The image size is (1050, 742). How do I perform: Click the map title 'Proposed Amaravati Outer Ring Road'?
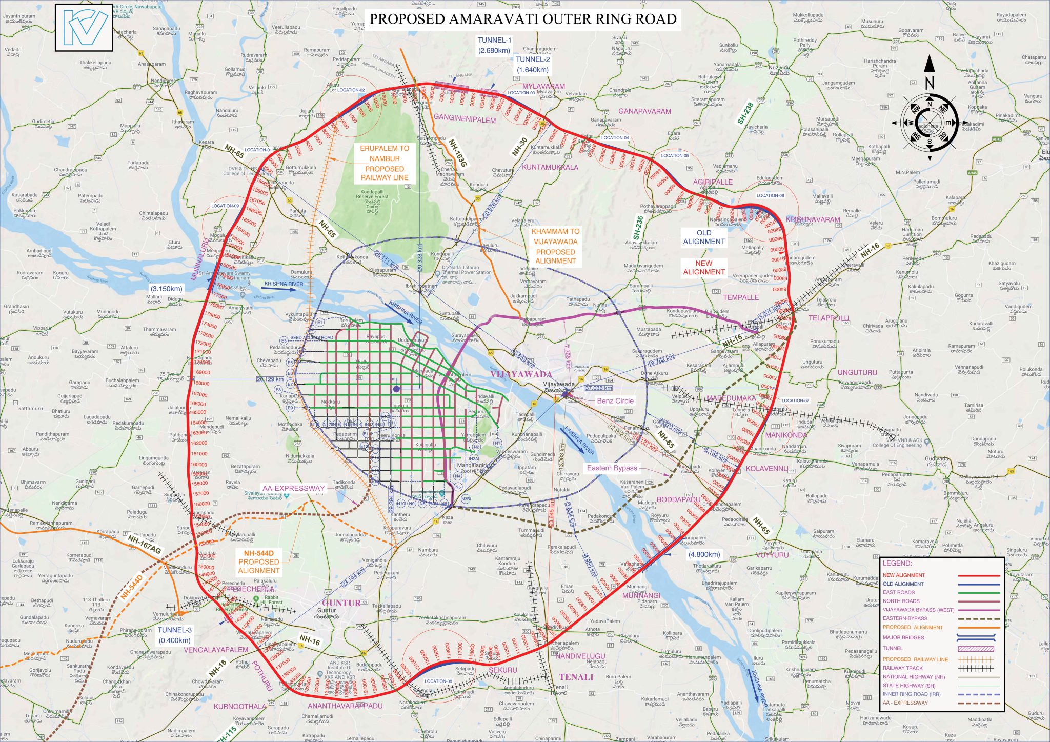tap(523, 19)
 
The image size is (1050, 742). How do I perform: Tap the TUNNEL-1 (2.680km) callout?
tap(494, 45)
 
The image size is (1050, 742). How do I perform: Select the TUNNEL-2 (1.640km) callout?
tap(533, 65)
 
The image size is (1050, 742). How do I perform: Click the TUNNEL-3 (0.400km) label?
tap(174, 635)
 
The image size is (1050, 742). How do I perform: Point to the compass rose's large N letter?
tap(930, 82)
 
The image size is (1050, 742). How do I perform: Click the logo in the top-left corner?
tap(84, 28)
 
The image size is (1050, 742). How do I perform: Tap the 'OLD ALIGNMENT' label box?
tap(704, 237)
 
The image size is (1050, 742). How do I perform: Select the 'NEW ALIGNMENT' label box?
tap(704, 268)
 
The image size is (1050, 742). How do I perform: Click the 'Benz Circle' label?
tap(615, 401)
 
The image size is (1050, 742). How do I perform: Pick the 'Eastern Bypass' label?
tap(612, 468)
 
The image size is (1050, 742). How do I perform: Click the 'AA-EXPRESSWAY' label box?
tap(294, 488)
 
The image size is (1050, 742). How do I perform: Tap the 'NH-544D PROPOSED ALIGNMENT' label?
tap(258, 562)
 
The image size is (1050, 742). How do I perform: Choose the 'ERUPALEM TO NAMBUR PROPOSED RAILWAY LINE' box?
tap(385, 163)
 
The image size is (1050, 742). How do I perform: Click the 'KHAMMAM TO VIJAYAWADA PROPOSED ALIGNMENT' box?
tap(555, 246)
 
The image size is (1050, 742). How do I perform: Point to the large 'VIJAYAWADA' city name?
tap(521, 374)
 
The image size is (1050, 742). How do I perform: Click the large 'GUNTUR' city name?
tap(341, 603)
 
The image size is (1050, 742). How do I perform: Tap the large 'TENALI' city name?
tap(576, 677)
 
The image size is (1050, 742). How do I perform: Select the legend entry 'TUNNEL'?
tap(893, 648)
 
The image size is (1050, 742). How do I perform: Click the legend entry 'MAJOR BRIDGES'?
tap(903, 637)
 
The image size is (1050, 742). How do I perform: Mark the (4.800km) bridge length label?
tap(704, 554)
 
